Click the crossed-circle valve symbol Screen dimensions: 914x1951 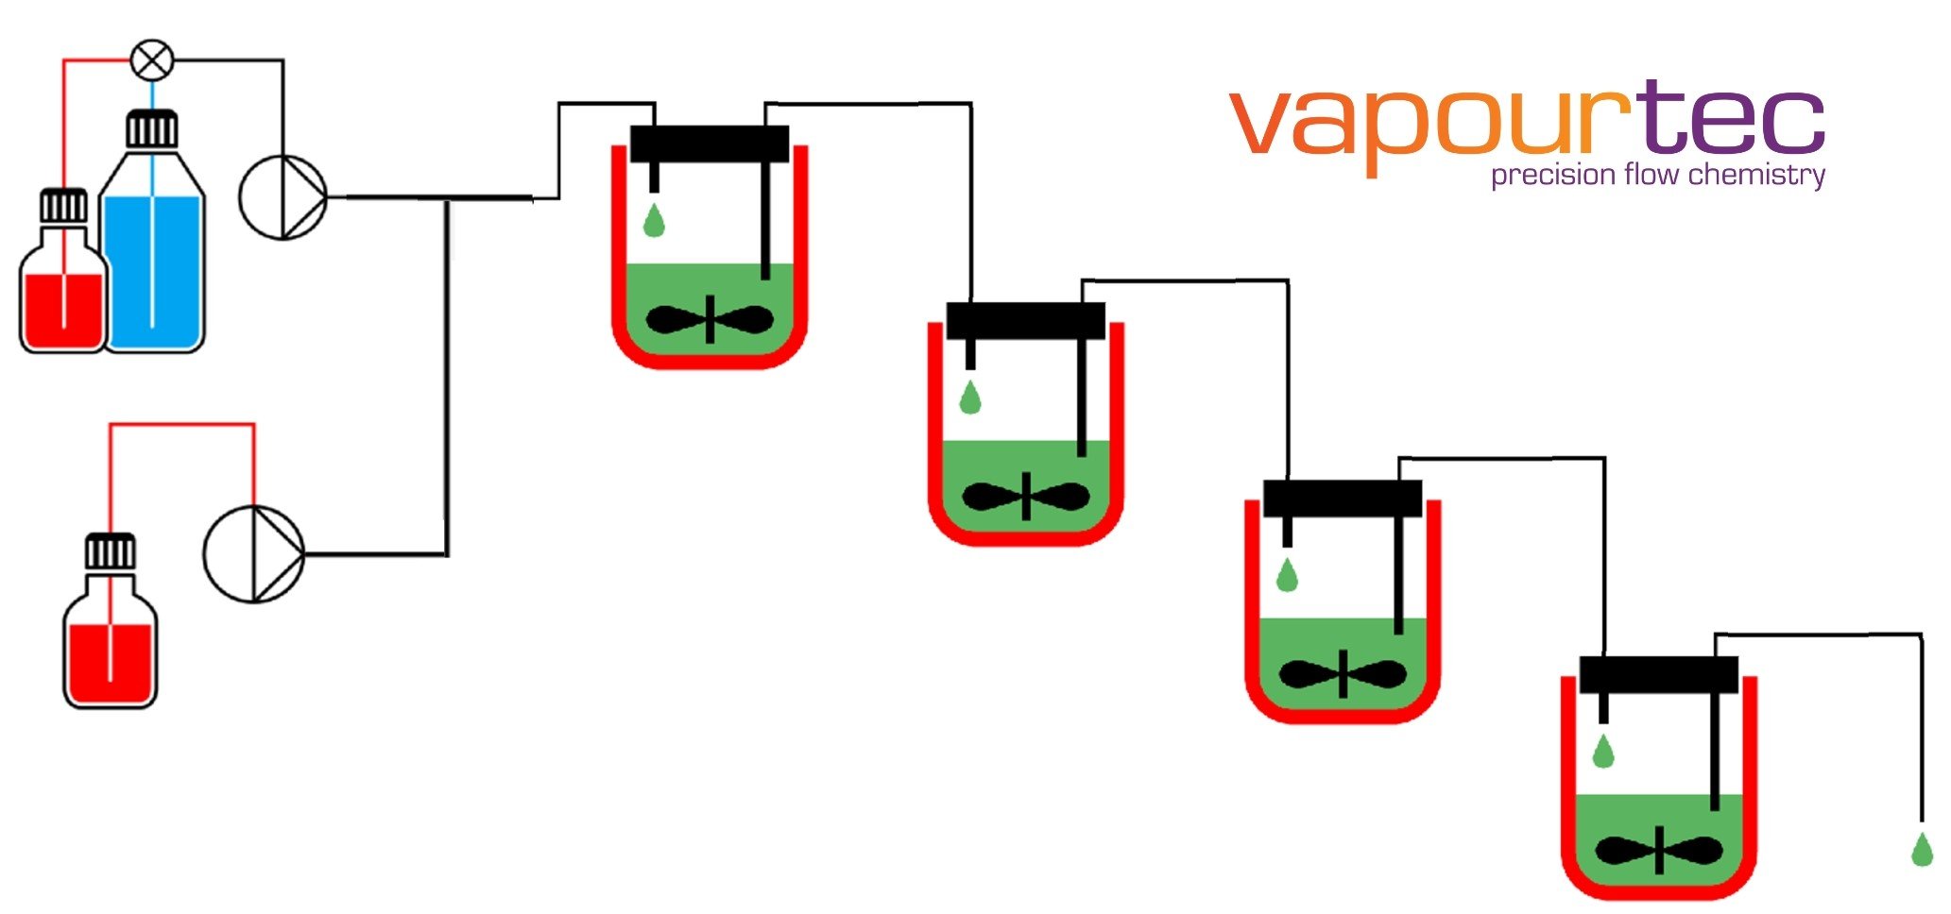tap(151, 60)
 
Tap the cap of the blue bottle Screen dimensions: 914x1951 tap(152, 128)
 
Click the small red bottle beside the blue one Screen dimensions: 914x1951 tap(63, 293)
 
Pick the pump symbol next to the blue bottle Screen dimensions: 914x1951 tap(282, 197)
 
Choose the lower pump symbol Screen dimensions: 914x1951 tap(254, 554)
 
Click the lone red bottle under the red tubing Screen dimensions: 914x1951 tap(111, 642)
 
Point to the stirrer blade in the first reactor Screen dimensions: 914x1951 tap(710, 320)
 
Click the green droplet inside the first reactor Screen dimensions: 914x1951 tap(654, 221)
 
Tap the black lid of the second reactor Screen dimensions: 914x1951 tap(1025, 321)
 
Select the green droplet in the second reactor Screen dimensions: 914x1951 tap(970, 398)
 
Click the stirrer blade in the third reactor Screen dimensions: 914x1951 tap(1343, 674)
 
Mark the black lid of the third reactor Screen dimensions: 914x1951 tap(1343, 499)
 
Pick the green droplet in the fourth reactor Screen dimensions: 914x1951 tap(1603, 752)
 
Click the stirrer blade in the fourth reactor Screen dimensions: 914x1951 tap(1659, 851)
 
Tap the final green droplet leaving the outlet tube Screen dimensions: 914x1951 tap(1922, 850)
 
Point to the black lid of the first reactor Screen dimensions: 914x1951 tap(710, 144)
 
